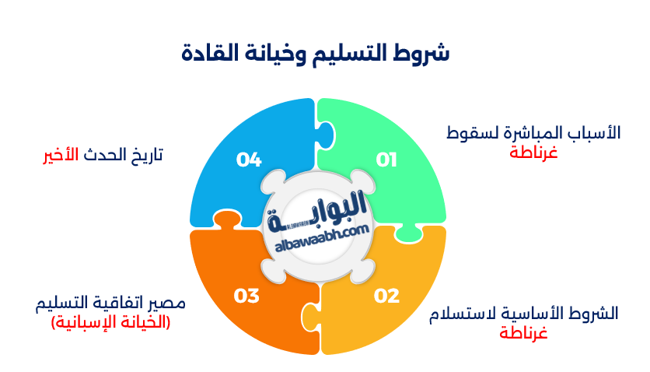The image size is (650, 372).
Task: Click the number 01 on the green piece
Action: [386, 160]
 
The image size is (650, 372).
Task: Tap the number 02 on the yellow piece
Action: [386, 296]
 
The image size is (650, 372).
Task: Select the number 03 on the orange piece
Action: [246, 296]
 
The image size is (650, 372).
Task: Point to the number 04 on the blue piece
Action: [249, 160]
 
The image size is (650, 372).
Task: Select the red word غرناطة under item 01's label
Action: [533, 152]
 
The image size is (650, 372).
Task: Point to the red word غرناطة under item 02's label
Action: [523, 332]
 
